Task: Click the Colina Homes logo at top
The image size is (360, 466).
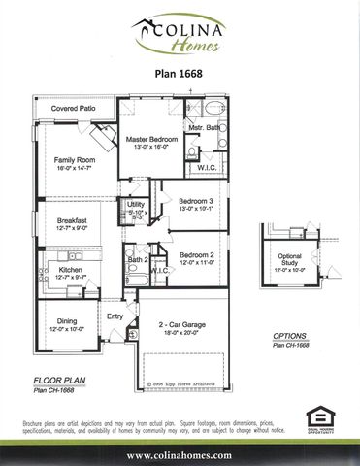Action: [x=181, y=38]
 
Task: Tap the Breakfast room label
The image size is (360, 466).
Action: [x=73, y=221]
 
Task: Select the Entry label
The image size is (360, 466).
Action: [x=115, y=315]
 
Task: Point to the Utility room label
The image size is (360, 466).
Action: [x=135, y=205]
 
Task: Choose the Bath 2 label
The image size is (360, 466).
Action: [x=138, y=260]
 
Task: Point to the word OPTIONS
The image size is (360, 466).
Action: [x=293, y=335]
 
